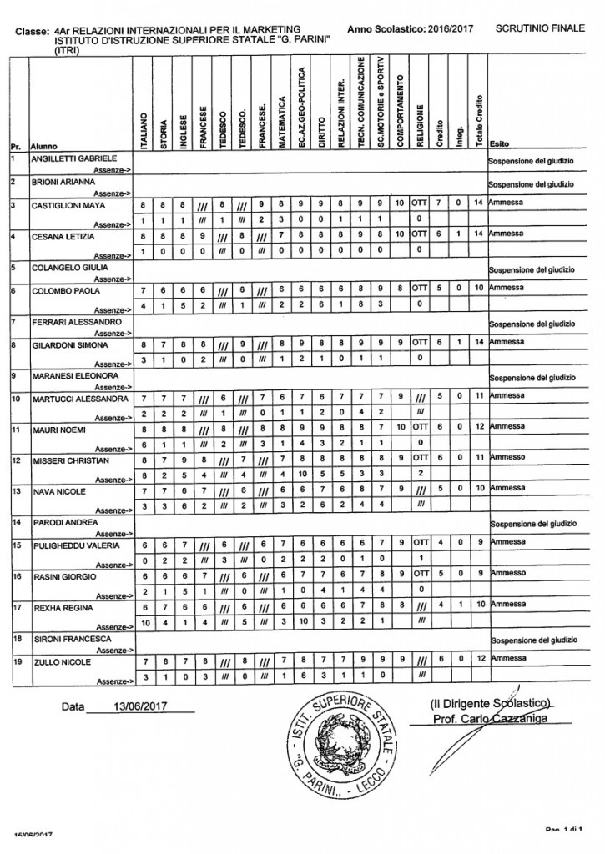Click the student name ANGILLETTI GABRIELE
[73, 158]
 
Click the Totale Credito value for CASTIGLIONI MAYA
[478, 204]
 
